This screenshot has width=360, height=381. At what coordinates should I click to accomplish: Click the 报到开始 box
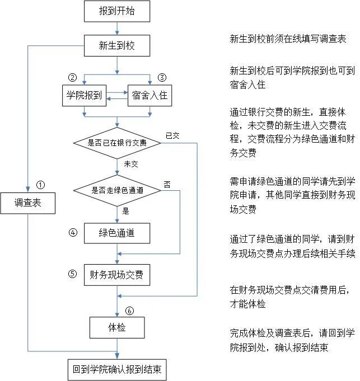pyautogui.click(x=117, y=11)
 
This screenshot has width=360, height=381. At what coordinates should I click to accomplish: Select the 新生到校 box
pyautogui.click(x=117, y=45)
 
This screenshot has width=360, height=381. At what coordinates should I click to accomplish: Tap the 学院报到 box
pyautogui.click(x=83, y=95)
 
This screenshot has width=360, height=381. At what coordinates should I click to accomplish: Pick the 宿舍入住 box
pyautogui.click(x=149, y=95)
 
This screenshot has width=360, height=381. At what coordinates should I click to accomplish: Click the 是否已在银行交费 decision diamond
pyautogui.click(x=117, y=143)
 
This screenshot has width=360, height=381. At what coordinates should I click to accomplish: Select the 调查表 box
pyautogui.click(x=27, y=204)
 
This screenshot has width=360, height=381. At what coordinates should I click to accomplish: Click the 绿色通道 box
pyautogui.click(x=117, y=233)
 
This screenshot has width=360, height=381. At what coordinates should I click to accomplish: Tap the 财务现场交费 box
pyautogui.click(x=117, y=275)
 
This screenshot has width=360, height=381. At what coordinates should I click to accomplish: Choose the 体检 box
pyautogui.click(x=117, y=327)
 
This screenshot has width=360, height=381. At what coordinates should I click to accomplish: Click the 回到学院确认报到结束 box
pyautogui.click(x=117, y=370)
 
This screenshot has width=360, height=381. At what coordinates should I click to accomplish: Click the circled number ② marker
pyautogui.click(x=72, y=77)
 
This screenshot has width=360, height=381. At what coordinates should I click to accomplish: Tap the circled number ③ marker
pyautogui.click(x=162, y=77)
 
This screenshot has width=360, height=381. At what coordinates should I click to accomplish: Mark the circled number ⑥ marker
pyautogui.click(x=130, y=310)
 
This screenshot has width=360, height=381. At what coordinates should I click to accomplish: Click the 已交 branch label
pyautogui.click(x=172, y=135)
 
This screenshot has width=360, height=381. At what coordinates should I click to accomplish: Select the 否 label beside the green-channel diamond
pyautogui.click(x=167, y=183)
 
